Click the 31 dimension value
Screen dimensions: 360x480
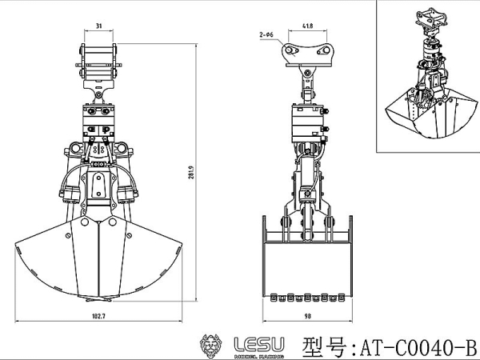point(98,26)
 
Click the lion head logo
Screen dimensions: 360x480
point(210,346)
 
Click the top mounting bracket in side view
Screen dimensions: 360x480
point(307,53)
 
